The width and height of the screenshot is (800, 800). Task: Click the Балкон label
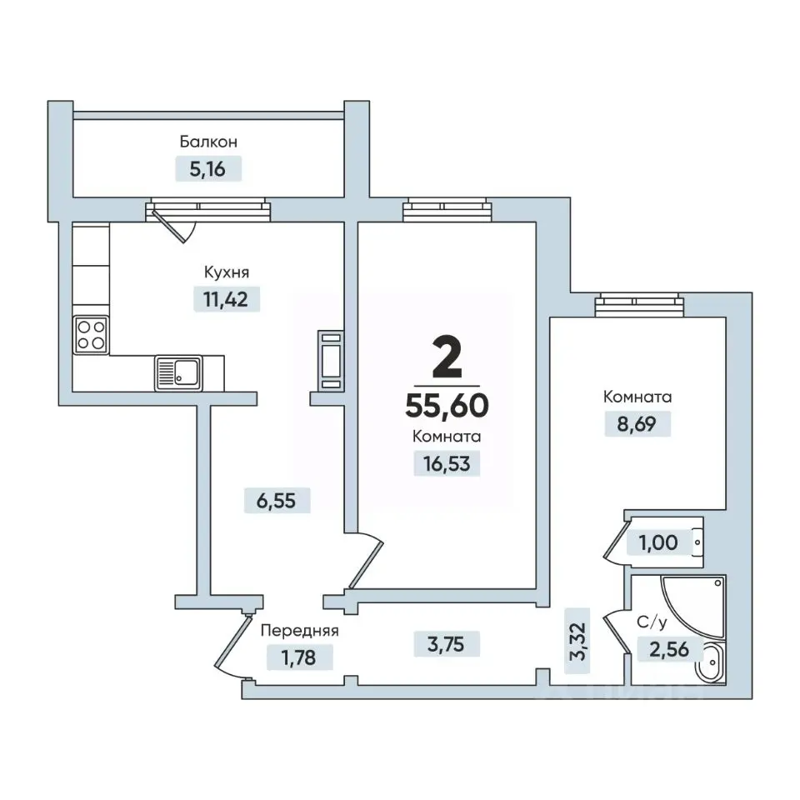[208, 142]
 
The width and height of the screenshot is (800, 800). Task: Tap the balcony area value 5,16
[207, 169]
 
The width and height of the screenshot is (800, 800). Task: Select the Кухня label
[227, 272]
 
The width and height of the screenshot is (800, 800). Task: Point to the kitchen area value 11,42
[226, 299]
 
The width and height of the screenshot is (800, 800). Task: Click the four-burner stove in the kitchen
[91, 335]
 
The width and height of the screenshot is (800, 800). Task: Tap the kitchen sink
[178, 373]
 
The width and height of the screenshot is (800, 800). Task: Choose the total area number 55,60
[447, 406]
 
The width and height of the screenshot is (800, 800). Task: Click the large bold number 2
[447, 358]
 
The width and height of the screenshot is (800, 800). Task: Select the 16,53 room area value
[447, 464]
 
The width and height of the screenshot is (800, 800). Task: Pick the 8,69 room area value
[637, 424]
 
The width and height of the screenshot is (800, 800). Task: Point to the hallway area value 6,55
[276, 501]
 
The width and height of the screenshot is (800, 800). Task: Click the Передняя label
[299, 631]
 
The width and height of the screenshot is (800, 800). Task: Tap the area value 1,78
[299, 657]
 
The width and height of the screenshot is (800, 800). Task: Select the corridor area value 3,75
[446, 644]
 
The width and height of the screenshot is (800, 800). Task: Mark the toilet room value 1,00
[658, 542]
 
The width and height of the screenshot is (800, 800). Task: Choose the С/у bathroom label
[652, 622]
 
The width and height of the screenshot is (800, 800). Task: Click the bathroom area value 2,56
[669, 649]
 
